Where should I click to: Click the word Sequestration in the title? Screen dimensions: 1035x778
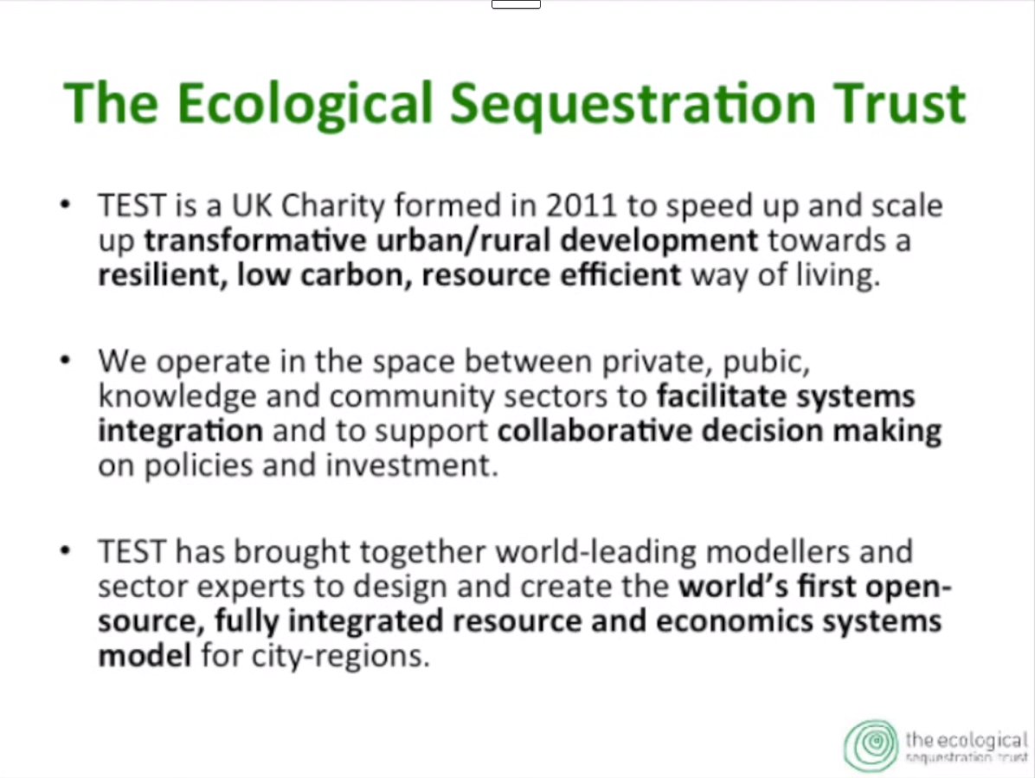[633, 104]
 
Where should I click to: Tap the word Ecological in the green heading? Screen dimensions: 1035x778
[305, 104]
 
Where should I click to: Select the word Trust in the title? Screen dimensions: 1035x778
[900, 104]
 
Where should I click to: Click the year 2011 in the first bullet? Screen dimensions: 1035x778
[580, 205]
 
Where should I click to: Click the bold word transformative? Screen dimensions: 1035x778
[254, 241]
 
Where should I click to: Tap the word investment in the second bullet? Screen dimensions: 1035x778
[412, 466]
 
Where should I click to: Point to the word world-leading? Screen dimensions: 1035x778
[595, 552]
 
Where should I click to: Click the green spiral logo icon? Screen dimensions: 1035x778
[871, 746]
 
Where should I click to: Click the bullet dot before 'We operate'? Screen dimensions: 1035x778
[65, 360]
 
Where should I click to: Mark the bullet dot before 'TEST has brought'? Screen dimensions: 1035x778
[65, 550]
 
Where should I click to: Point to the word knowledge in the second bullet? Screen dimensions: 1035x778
[177, 397]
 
